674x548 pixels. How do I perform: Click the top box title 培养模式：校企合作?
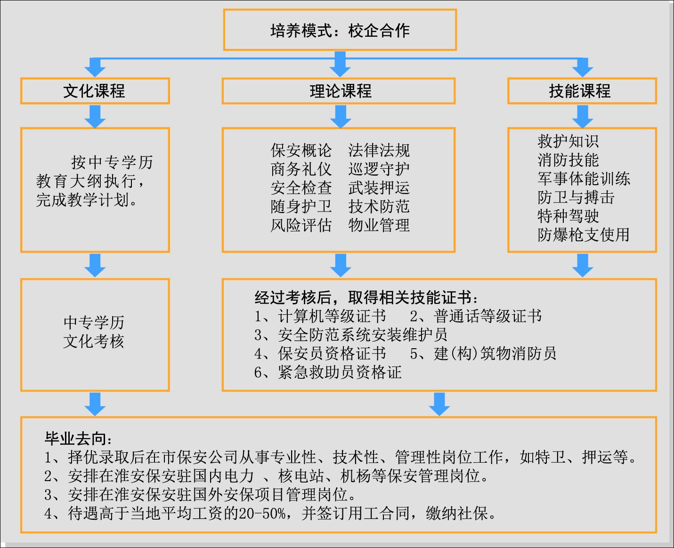340,31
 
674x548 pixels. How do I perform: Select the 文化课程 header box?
95,91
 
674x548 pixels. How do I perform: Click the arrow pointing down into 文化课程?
95,67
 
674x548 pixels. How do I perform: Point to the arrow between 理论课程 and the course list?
341,116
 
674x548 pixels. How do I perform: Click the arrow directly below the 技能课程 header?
583,116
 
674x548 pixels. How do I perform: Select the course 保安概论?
301,150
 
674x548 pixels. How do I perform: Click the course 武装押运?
379,188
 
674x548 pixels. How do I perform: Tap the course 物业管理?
379,225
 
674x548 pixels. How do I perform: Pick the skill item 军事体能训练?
584,179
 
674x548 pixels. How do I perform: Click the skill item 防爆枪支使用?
584,235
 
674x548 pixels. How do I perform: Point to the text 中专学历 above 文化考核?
94,322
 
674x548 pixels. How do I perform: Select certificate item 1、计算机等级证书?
320,316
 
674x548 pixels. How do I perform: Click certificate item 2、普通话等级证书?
476,316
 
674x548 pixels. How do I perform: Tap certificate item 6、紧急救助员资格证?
328,372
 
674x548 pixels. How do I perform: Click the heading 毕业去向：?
78,439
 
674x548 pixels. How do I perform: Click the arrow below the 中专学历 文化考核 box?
95,404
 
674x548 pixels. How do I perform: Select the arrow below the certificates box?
439,404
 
